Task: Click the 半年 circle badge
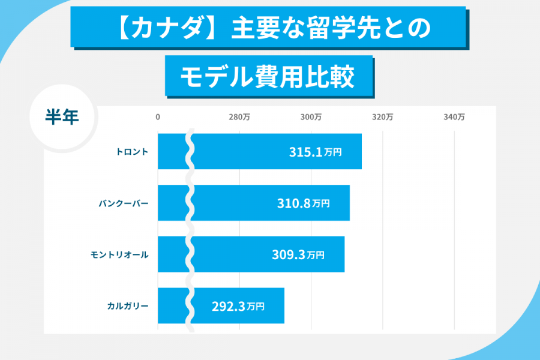62,116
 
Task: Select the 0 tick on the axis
158,118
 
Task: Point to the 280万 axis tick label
239,118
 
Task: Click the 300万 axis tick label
311,118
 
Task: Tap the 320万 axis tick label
382,118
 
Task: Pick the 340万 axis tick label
454,118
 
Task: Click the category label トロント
132,152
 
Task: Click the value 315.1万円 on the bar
315,152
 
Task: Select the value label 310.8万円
303,203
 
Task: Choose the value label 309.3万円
298,255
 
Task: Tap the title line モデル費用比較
268,76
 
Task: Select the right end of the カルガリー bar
283,306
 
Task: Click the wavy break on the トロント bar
190,152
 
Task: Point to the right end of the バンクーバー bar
348,203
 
